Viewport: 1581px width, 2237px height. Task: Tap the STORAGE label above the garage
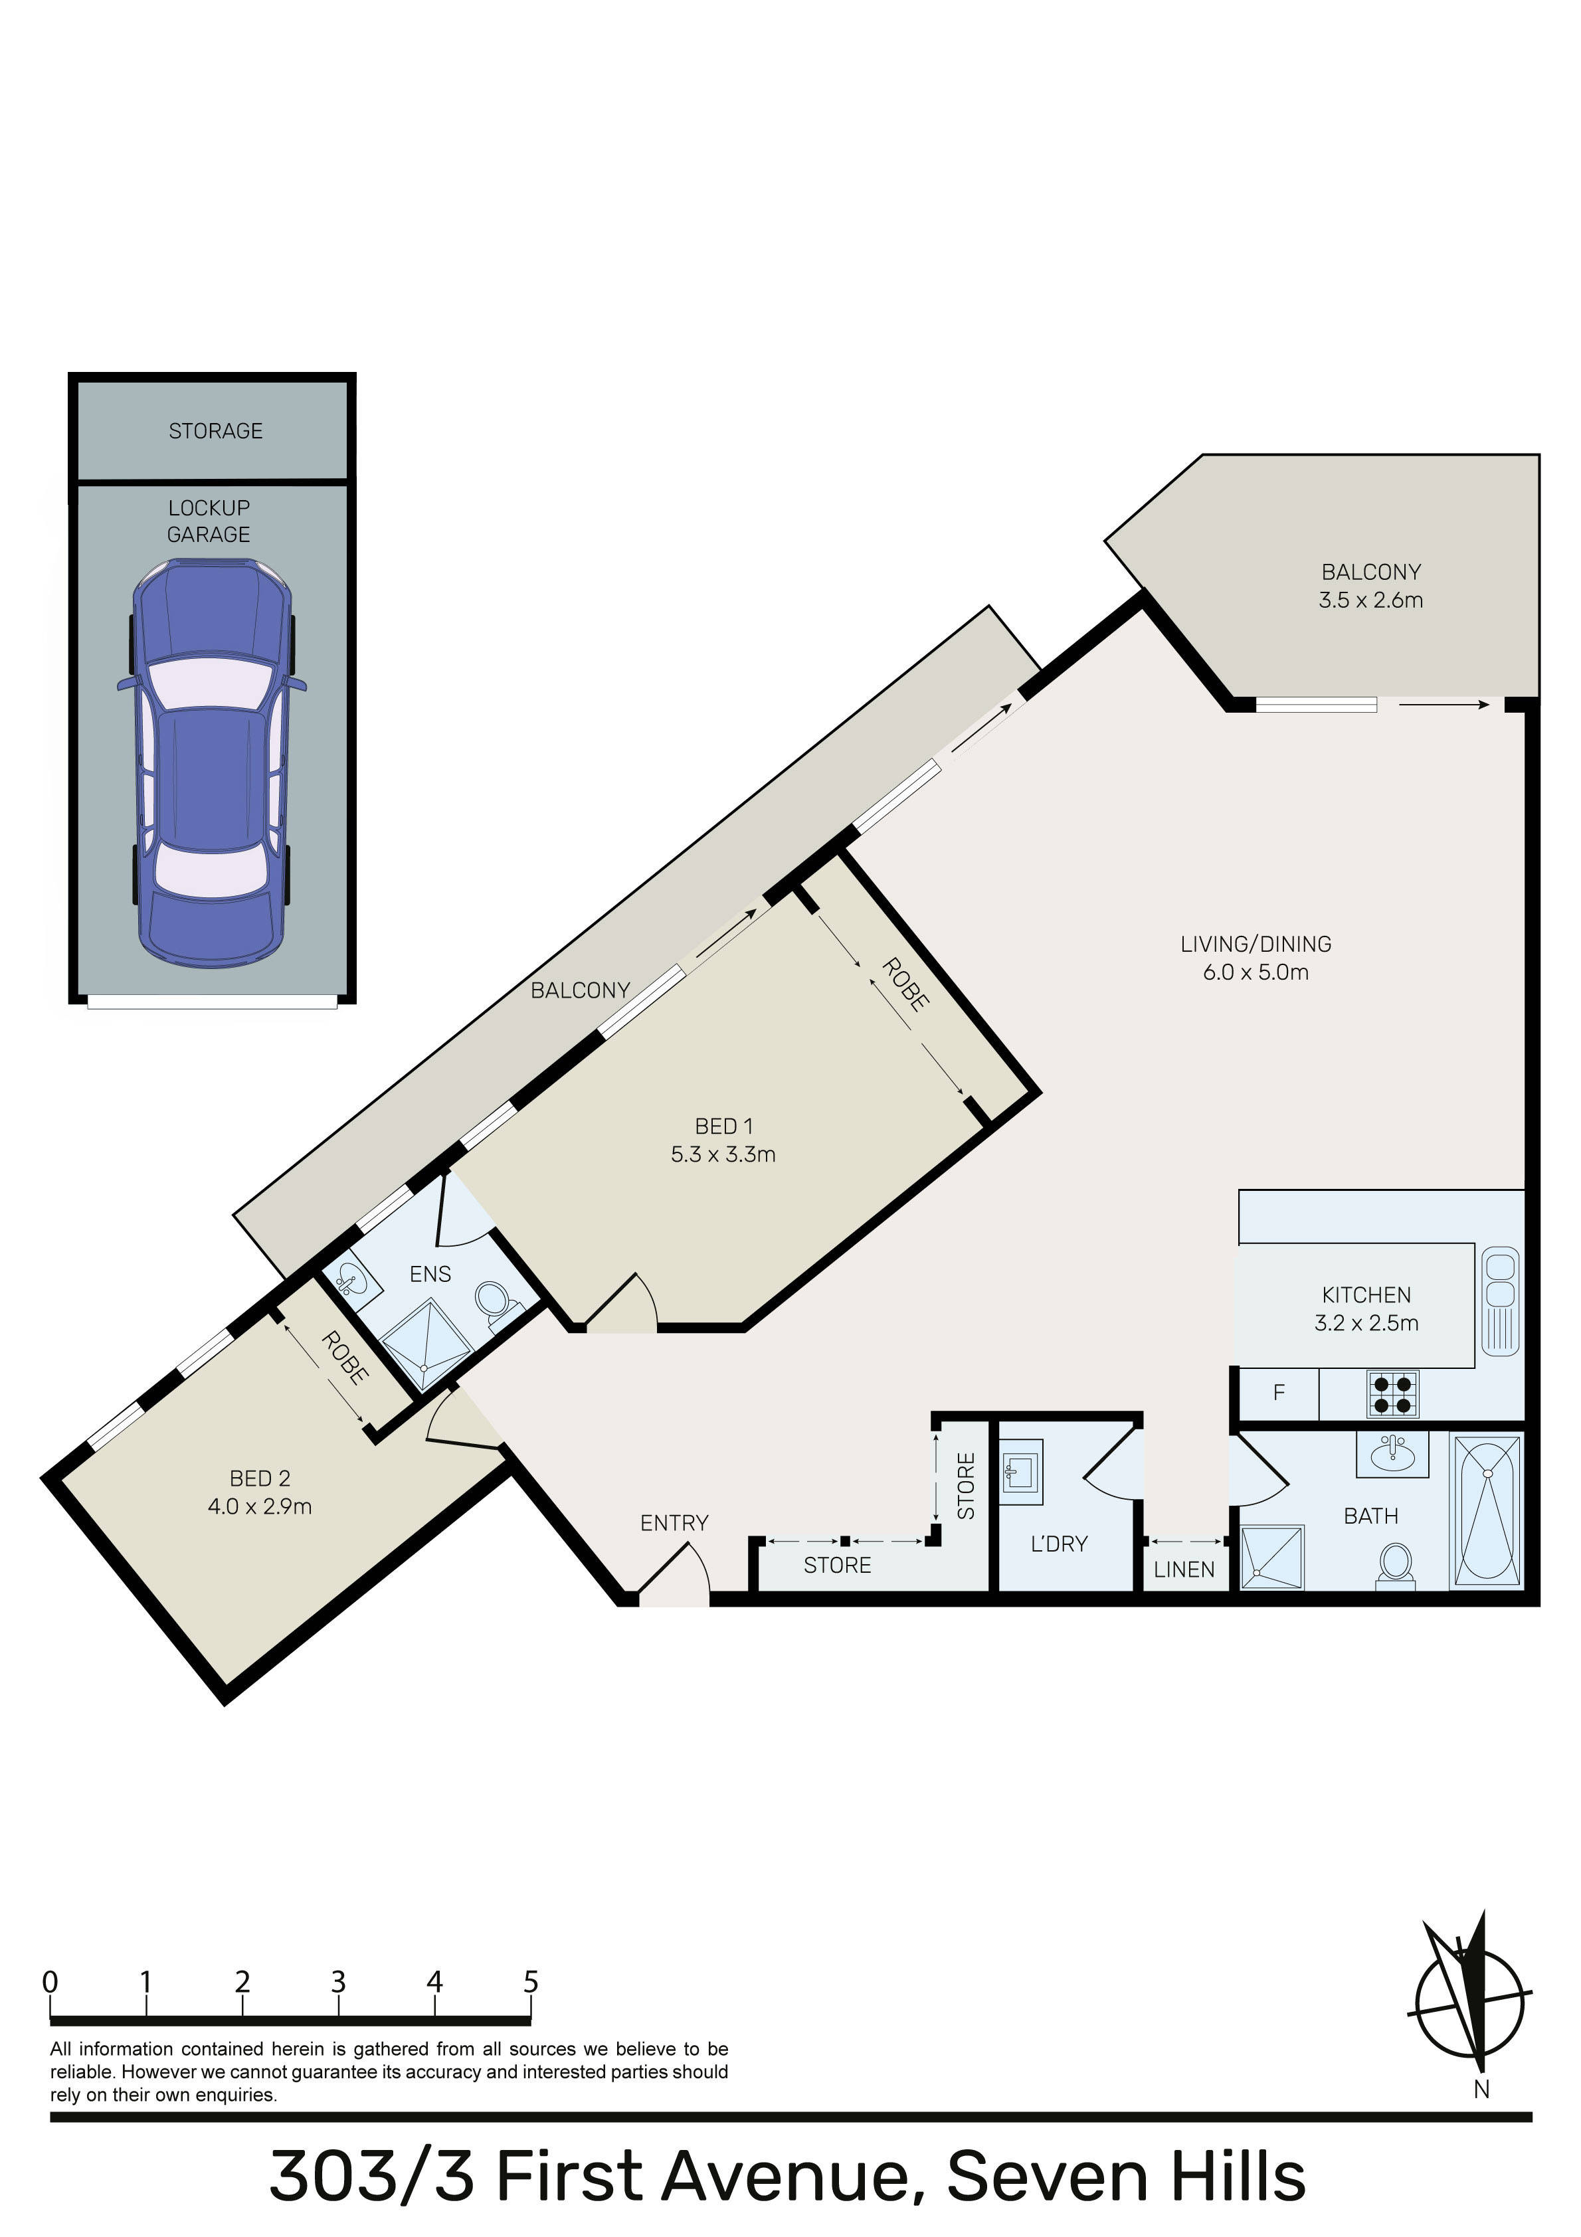coord(215,430)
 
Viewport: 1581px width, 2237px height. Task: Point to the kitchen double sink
coord(1499,1300)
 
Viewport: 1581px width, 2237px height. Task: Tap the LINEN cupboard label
coord(1184,1569)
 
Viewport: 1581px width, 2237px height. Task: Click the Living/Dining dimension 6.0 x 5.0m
coord(1255,971)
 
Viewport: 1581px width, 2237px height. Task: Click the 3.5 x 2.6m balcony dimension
coord(1370,600)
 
